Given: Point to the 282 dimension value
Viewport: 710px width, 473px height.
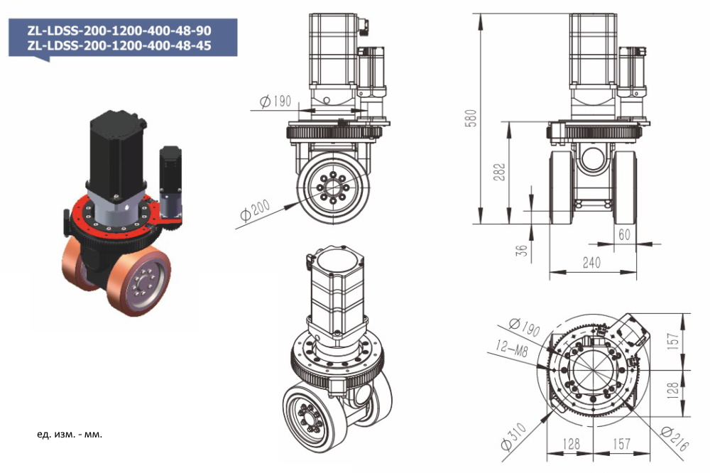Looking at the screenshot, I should (500, 172).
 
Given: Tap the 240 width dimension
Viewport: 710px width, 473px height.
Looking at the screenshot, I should (591, 262).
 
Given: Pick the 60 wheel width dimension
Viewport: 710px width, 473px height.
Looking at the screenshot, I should (625, 235).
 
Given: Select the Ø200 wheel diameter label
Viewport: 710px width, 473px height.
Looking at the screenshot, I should (255, 210).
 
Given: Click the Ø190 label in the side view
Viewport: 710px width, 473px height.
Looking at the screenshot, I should (275, 102).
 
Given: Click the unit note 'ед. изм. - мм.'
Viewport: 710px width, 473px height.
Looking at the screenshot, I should (69, 433).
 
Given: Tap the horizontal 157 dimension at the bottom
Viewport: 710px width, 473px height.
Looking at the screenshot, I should (621, 444).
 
